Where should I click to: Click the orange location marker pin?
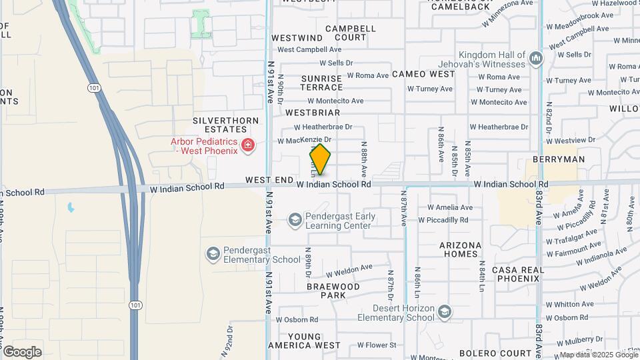click(x=320, y=160)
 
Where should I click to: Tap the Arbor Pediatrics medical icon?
click(x=248, y=145)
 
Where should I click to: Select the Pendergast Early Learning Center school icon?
click(x=294, y=219)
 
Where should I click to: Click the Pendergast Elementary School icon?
click(x=212, y=254)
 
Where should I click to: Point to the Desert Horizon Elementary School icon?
click(x=445, y=311)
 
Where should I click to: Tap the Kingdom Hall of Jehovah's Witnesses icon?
click(x=535, y=59)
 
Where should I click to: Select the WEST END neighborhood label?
click(x=269, y=181)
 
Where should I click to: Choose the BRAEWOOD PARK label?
click(x=333, y=290)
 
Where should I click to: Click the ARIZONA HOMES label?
click(x=459, y=249)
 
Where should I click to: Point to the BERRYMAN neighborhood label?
click(x=559, y=159)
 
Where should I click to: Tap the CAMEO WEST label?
click(x=423, y=74)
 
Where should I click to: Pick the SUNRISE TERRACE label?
click(x=321, y=83)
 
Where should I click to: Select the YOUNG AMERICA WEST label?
click(x=304, y=341)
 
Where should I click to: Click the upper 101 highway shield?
click(x=93, y=87)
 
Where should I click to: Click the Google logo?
click(x=22, y=351)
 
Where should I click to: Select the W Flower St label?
click(x=377, y=345)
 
